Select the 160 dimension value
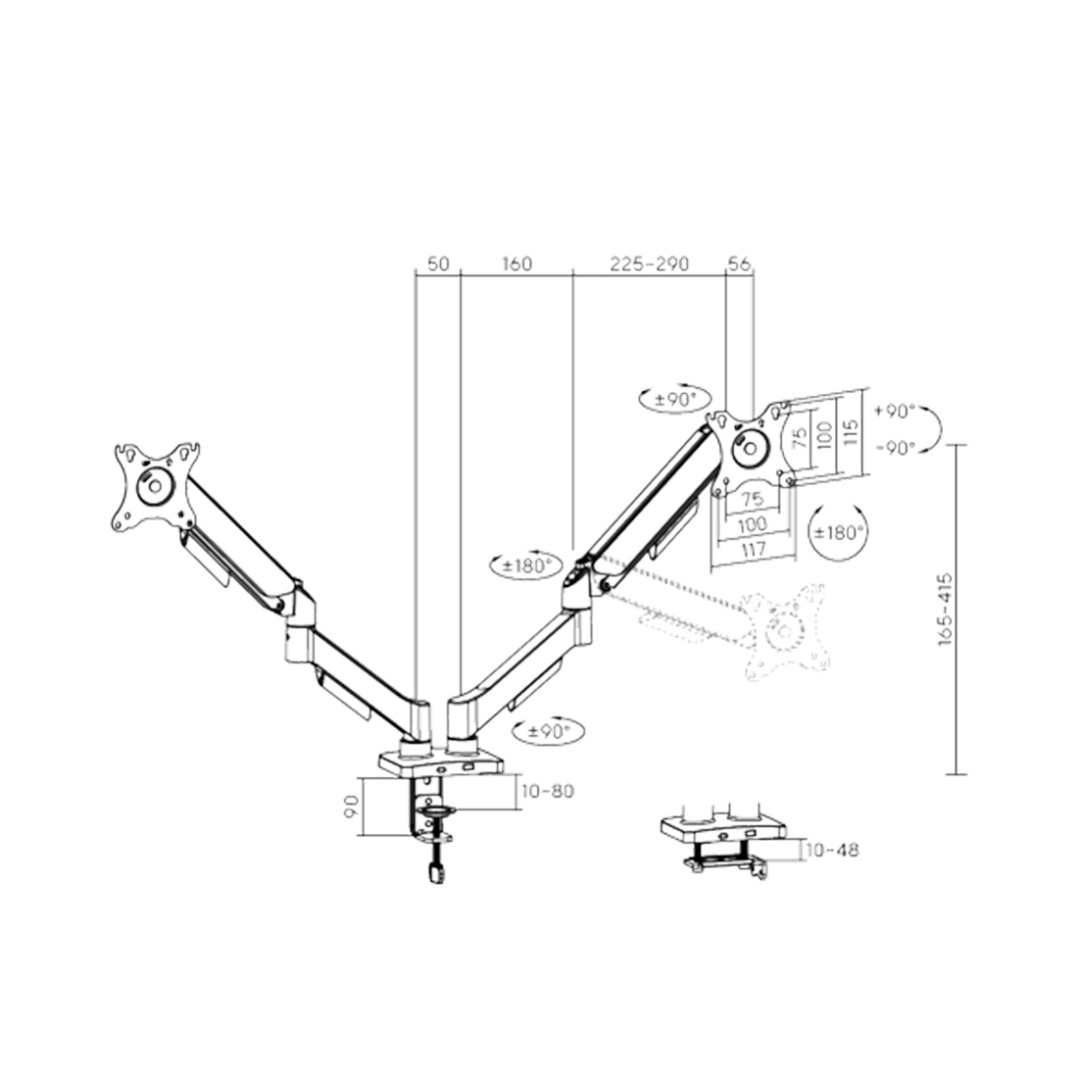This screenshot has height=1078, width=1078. pos(516,264)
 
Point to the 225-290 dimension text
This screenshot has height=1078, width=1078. pos(649,264)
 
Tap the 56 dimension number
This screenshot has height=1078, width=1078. pos(739,264)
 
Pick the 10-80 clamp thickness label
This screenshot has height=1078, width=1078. pos(548,791)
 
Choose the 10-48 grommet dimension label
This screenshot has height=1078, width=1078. pos(832,850)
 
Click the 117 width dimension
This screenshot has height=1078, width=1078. pos(753,551)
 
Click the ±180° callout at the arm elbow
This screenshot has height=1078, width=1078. pos(526,565)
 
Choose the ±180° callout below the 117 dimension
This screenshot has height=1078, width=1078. pos(840,532)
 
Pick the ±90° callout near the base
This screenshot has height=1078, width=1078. pos(548,731)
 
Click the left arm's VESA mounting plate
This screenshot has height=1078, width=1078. pos(155,487)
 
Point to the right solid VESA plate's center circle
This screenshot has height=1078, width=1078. pos(753,445)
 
